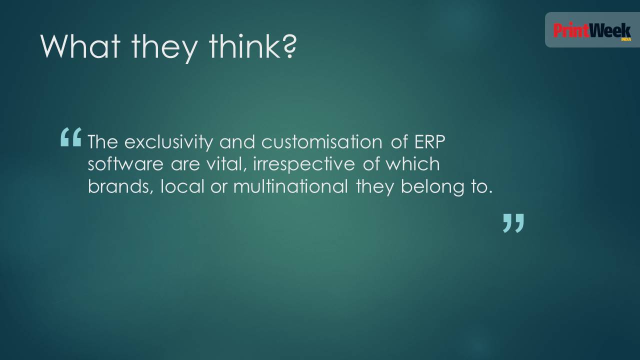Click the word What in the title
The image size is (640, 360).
80,46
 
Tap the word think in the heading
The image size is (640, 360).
244,46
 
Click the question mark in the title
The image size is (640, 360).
288,47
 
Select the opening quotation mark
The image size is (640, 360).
71,137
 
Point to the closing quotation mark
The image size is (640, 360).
513,223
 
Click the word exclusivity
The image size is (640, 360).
169,141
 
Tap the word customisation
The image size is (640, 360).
322,141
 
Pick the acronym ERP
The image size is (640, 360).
429,141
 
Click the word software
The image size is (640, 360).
125,164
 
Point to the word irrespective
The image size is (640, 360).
303,164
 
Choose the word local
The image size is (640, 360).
182,186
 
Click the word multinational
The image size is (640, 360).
291,186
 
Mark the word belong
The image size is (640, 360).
432,187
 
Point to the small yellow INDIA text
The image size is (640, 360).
626,39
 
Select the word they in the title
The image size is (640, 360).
164,48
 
